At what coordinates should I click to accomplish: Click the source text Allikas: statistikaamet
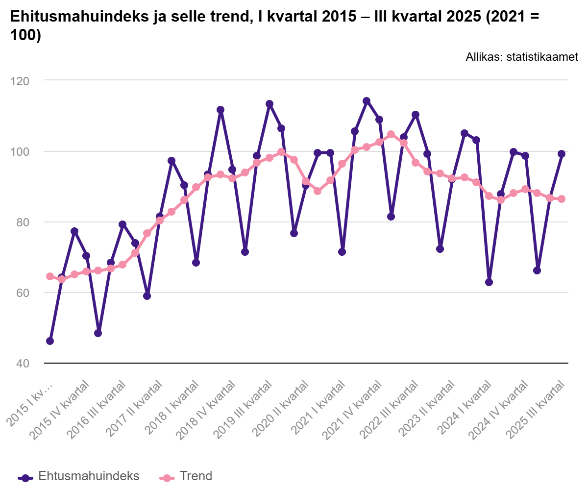click(x=522, y=57)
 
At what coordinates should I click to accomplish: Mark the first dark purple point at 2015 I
click(x=49, y=341)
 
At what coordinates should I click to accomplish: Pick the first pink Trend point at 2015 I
click(x=49, y=276)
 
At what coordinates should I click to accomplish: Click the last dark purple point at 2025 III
click(x=562, y=154)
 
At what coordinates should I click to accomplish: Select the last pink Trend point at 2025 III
click(x=562, y=199)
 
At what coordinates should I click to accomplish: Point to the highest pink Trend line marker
click(x=391, y=134)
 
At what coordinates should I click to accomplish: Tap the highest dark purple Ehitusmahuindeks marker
click(x=367, y=101)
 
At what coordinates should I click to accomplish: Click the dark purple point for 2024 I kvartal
click(x=489, y=282)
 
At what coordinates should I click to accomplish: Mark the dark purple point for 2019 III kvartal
click(x=269, y=104)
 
